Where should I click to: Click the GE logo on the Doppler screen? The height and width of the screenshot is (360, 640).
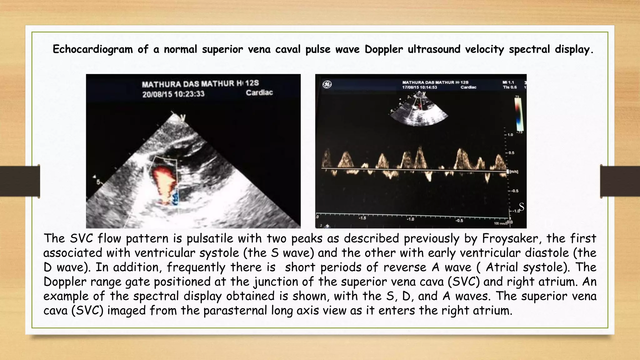click(327, 84)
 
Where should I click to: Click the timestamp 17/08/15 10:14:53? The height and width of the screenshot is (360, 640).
click(419, 87)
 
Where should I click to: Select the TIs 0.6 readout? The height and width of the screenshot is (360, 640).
click(510, 87)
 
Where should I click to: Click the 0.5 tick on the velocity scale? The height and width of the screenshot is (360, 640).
click(511, 153)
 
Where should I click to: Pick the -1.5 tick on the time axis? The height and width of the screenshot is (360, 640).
click(362, 218)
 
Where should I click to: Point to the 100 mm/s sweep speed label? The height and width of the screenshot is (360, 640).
click(500, 223)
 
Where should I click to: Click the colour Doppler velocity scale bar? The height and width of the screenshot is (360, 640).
click(518, 114)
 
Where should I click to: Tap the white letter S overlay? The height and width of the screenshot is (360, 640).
click(521, 207)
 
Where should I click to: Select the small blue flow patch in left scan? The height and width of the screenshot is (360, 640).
click(175, 198)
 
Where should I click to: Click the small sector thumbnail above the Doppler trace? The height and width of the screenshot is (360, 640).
click(418, 109)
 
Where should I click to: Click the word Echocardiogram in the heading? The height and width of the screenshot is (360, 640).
click(93, 49)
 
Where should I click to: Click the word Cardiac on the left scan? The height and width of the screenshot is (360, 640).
click(259, 93)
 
